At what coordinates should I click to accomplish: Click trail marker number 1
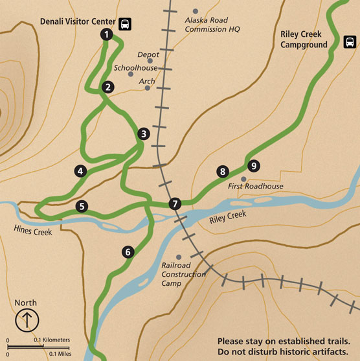pos(106,35)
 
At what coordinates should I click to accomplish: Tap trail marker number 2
pos(108,86)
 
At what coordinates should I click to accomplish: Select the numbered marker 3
pos(144,134)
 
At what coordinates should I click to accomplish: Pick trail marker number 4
pos(80,171)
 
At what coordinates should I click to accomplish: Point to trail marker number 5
pos(81,207)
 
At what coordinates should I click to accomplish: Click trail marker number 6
pos(128,251)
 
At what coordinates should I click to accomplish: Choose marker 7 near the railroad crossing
pos(174,204)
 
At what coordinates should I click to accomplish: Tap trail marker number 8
pos(223,172)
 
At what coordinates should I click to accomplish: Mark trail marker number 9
pos(253,166)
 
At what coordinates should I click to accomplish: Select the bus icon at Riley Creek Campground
pos(350,43)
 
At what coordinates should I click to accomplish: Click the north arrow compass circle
pos(26,319)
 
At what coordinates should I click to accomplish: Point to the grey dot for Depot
pos(139,54)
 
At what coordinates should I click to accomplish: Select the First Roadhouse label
pos(256,187)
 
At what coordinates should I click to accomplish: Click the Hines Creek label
pos(33,228)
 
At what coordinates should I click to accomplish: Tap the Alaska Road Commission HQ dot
pos(196,12)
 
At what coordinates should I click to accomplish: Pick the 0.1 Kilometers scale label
pos(52,340)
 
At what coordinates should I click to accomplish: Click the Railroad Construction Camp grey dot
pos(179,257)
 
